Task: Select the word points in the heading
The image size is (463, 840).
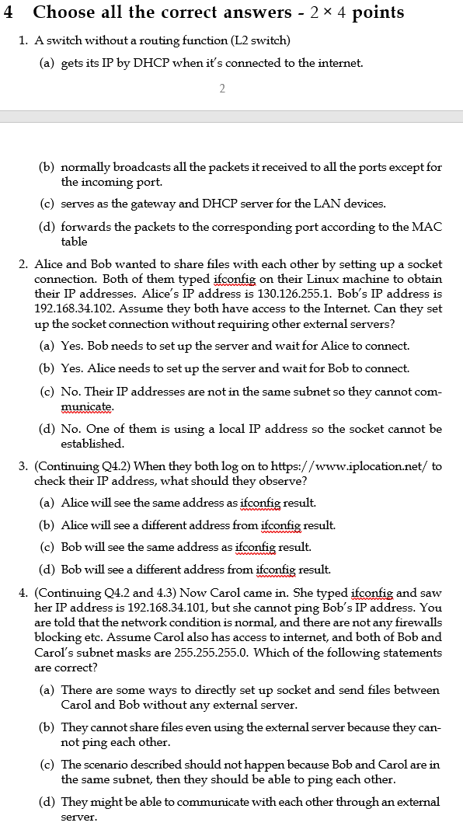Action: coord(378,12)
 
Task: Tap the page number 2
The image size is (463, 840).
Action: coord(222,89)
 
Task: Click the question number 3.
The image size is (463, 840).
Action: coord(23,466)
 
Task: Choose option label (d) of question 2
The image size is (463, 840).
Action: coord(47,428)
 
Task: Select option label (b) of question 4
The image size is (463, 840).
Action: coord(47,727)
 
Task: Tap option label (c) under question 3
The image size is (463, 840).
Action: coord(47,547)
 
